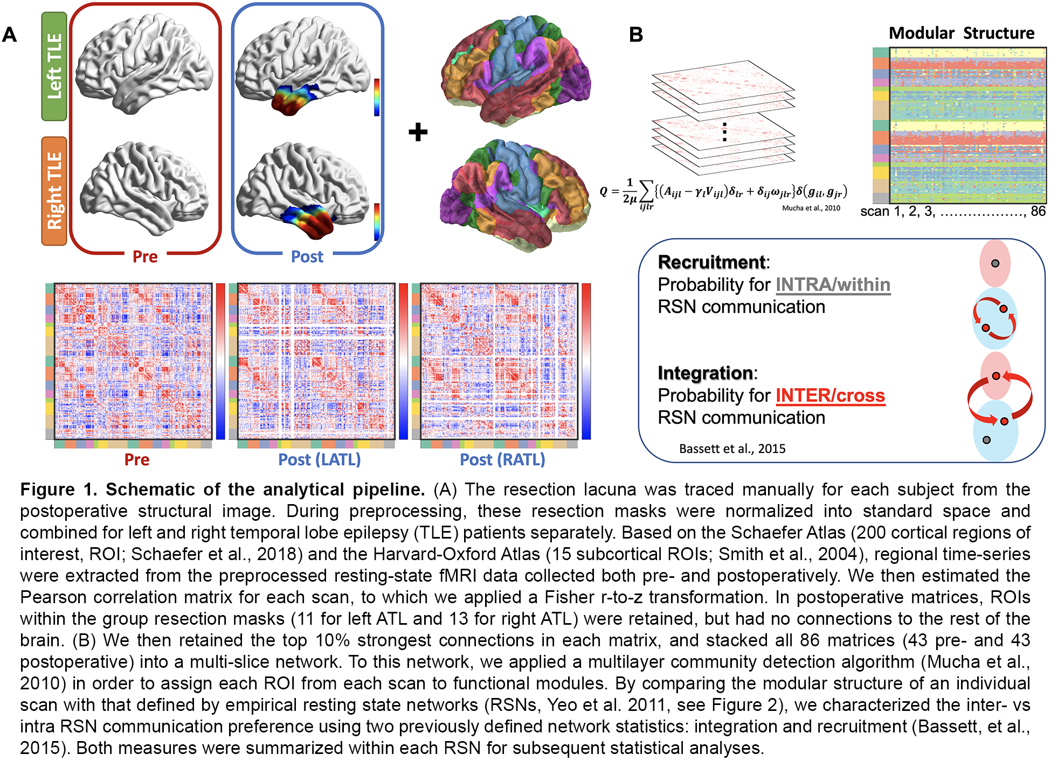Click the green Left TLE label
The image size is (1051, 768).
click(54, 66)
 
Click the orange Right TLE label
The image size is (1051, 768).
click(54, 191)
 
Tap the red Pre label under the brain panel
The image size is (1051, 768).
click(145, 256)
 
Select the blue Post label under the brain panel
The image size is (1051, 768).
click(307, 256)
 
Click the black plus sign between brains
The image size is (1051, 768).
click(418, 132)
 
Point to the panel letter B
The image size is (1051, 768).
click(636, 35)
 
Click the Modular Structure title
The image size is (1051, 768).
click(961, 33)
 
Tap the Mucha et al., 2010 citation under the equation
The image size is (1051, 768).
click(811, 208)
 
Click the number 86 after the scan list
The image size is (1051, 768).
click(1038, 211)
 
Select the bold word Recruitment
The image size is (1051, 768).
click(711, 262)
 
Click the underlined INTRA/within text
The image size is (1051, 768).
click(833, 284)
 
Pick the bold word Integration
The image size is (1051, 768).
click(705, 373)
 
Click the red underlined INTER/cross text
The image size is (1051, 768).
click(830, 395)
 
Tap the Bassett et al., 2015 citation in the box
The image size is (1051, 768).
click(732, 449)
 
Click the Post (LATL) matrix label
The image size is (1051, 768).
click(319, 459)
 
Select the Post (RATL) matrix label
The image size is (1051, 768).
click(502, 459)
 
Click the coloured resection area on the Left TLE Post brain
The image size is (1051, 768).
click(294, 100)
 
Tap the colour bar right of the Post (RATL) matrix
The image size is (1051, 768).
click(586, 361)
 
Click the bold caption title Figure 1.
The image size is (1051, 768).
click(58, 489)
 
